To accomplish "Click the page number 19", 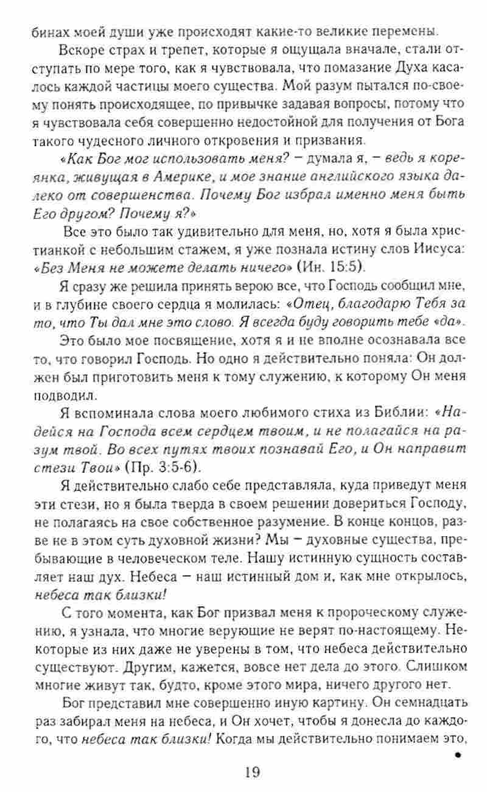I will pos(252,772).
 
